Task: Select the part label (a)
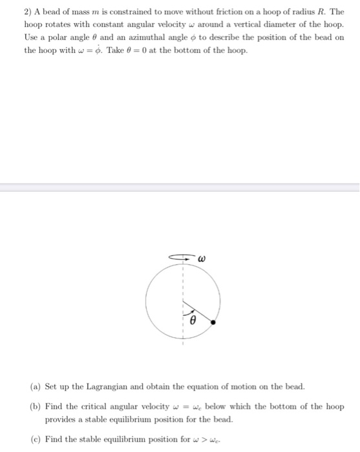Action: (36, 387)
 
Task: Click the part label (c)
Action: (36, 439)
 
